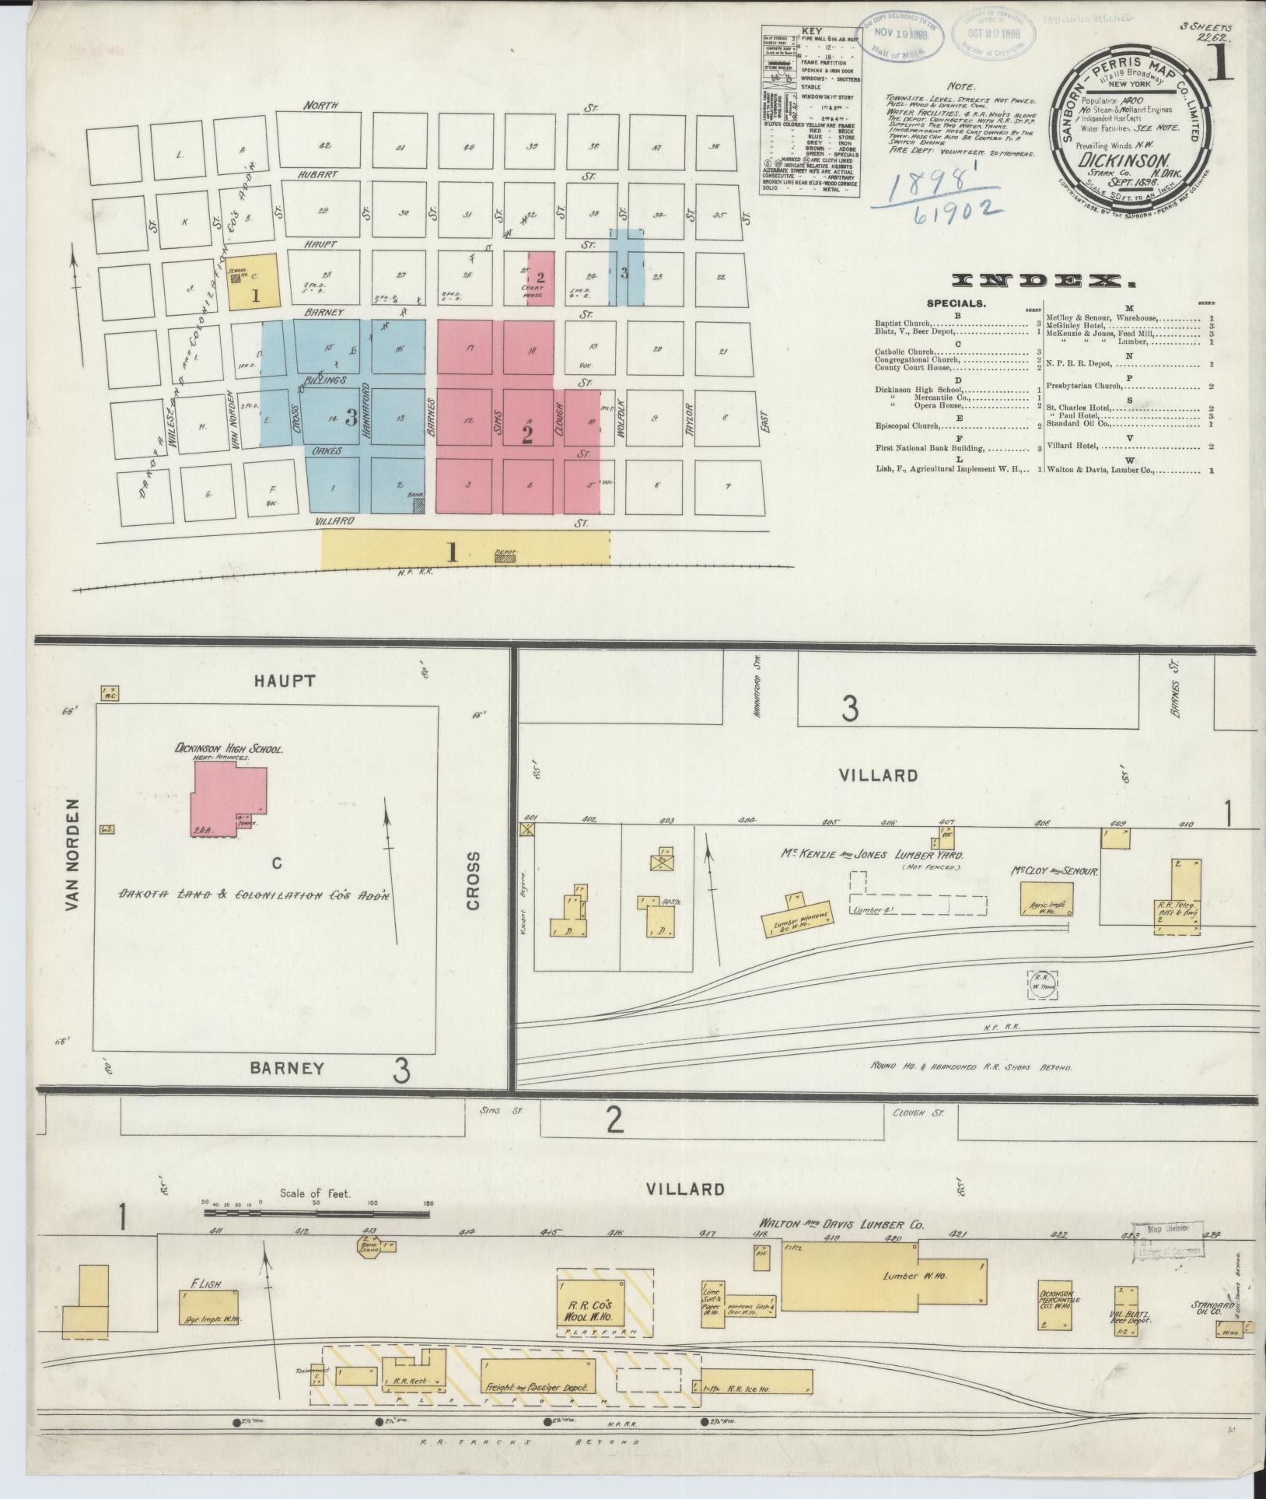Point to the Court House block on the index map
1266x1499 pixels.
(x=540, y=278)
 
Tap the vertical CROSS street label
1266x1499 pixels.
(x=474, y=880)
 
